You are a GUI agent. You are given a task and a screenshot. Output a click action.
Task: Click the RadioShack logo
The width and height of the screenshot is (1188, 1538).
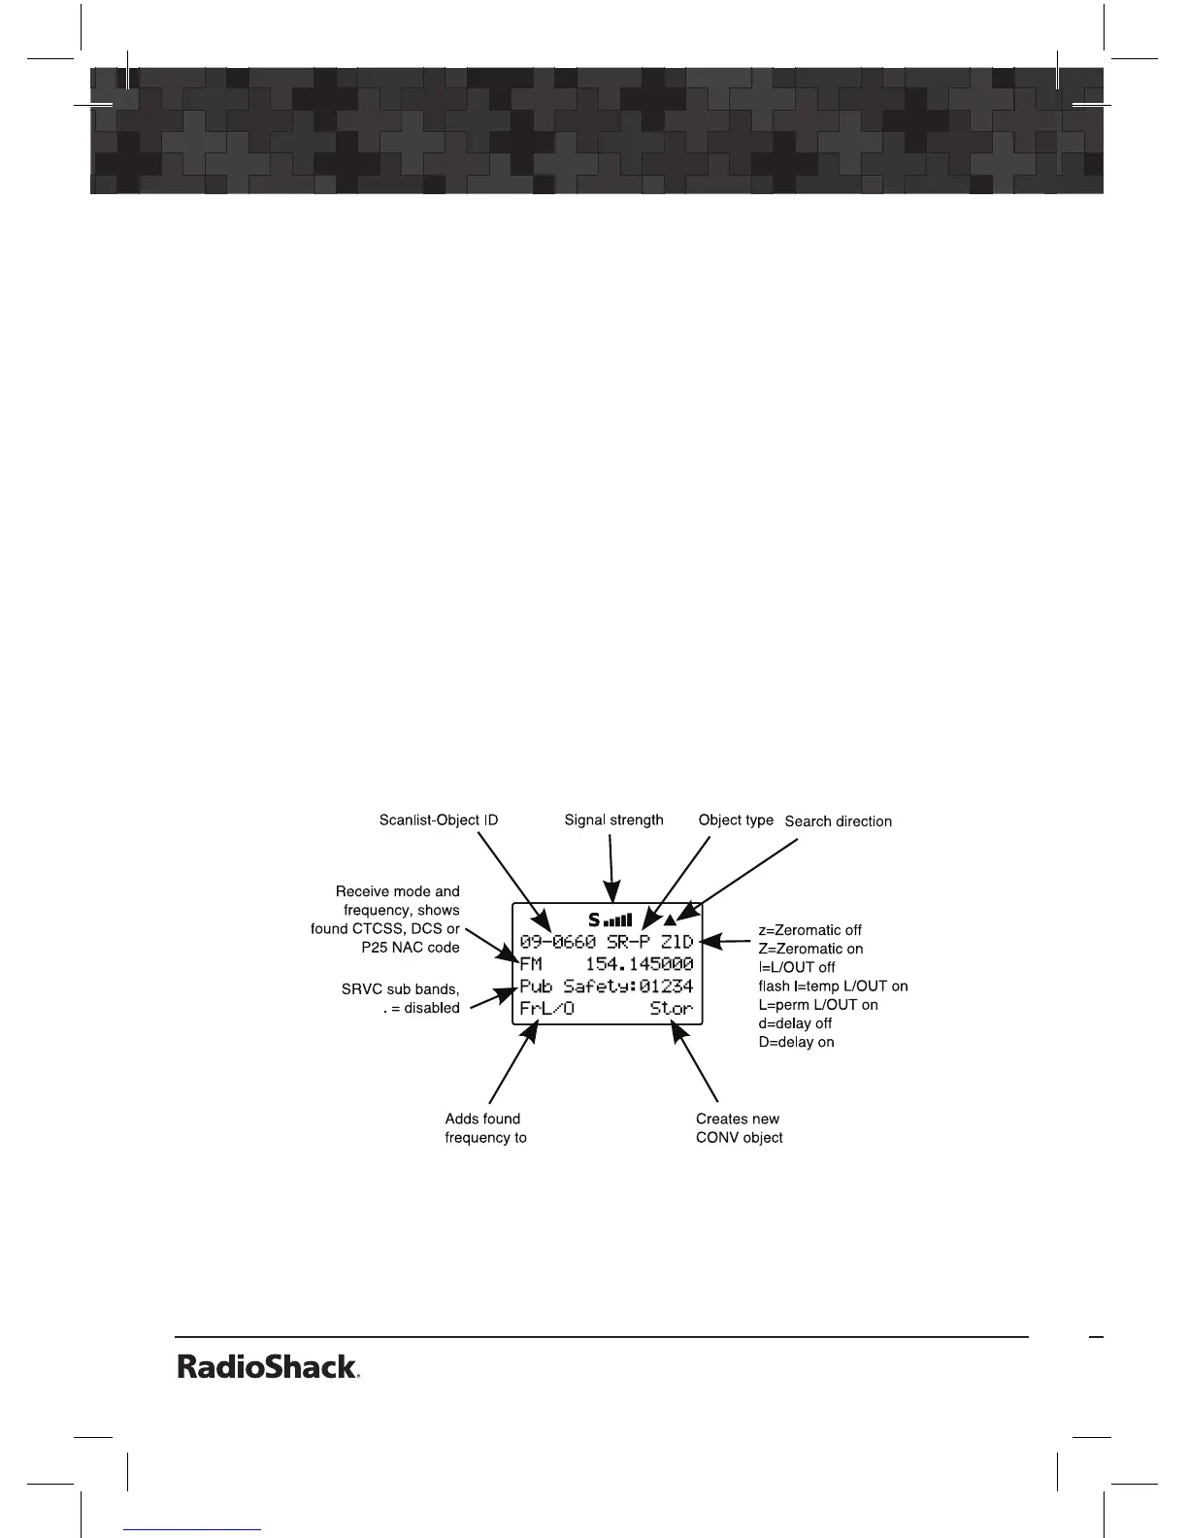[268, 1367]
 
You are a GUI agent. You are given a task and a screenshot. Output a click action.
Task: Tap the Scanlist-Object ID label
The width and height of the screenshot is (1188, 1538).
[438, 820]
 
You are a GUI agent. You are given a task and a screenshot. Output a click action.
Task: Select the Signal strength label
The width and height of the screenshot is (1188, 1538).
[613, 820]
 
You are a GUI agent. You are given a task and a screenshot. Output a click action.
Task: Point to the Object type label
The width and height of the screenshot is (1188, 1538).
[736, 820]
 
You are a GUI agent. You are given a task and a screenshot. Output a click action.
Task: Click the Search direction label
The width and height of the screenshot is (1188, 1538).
[838, 821]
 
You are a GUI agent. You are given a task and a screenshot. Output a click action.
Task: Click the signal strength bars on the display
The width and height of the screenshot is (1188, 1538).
[617, 919]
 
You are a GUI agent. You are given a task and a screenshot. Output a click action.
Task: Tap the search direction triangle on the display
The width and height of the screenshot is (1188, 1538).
[670, 919]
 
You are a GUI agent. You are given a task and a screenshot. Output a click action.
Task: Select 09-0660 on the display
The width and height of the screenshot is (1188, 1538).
[557, 942]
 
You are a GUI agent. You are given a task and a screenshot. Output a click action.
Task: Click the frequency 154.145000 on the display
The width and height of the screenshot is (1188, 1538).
[639, 964]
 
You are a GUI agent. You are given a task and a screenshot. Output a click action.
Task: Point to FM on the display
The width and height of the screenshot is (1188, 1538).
[531, 964]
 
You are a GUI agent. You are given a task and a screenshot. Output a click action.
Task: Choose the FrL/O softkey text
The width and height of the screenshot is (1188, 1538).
[546, 1009]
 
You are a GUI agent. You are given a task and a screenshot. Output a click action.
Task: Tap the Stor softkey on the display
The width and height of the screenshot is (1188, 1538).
[671, 1009]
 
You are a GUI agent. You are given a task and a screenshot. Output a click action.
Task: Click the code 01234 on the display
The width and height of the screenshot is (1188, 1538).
[666, 986]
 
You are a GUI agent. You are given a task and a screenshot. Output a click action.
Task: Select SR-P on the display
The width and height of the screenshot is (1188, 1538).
[628, 942]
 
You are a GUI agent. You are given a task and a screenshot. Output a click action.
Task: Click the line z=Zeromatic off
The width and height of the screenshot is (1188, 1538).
[809, 930]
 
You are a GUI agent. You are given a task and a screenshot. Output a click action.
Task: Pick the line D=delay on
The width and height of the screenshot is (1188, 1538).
[796, 1042]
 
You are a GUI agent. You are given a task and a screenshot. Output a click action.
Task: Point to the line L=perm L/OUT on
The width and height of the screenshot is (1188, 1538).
[817, 1005]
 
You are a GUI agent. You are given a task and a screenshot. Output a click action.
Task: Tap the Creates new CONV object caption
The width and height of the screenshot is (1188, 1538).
[739, 1128]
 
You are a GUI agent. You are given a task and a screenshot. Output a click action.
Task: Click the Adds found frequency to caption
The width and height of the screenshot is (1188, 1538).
[485, 1128]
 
